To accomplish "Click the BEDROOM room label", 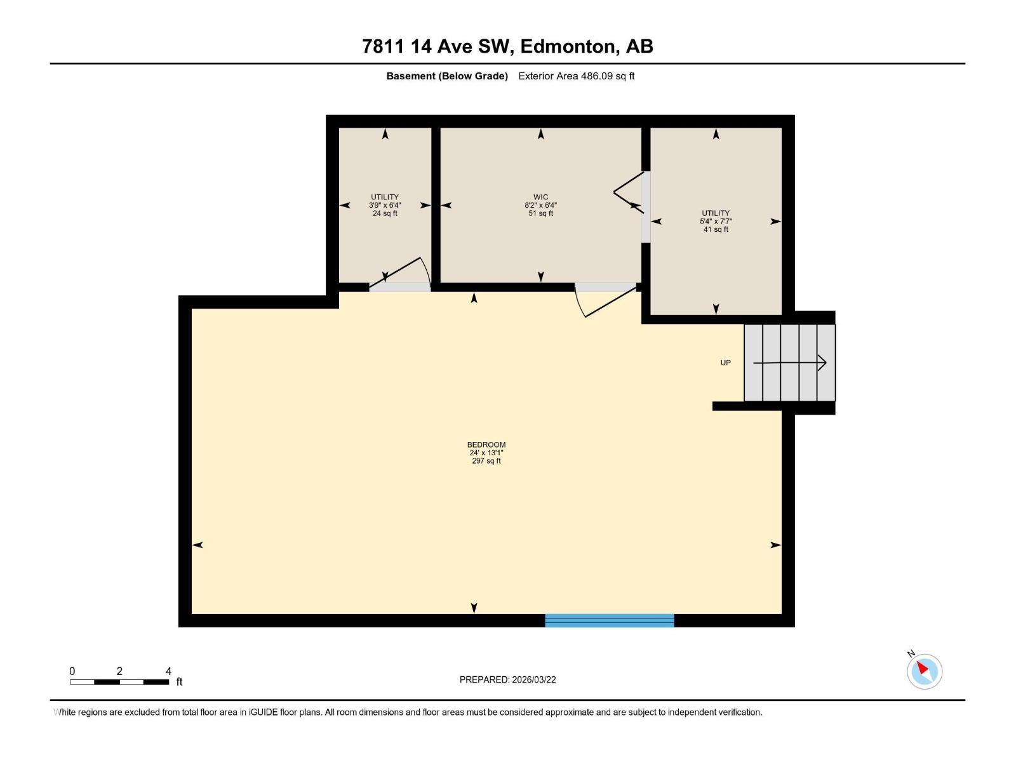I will tap(486, 445).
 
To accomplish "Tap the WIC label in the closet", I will tap(540, 197).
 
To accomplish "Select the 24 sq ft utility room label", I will tap(385, 205).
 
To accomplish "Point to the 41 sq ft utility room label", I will tap(716, 221).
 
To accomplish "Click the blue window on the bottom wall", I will tap(609, 620).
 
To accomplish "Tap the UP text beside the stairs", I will tap(725, 363).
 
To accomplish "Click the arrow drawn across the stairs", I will tap(789, 363).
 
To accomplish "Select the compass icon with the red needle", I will tap(924, 671).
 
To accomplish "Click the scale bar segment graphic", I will tap(119, 682).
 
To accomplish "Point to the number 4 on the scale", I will tap(168, 671).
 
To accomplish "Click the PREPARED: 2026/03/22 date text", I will tap(507, 679).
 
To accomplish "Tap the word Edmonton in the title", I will tap(569, 46).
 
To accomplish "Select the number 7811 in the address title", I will tap(384, 46).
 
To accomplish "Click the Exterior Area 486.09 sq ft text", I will tap(576, 76).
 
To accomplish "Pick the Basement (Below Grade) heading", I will tap(447, 76).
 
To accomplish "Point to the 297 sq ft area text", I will tap(486, 461).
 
